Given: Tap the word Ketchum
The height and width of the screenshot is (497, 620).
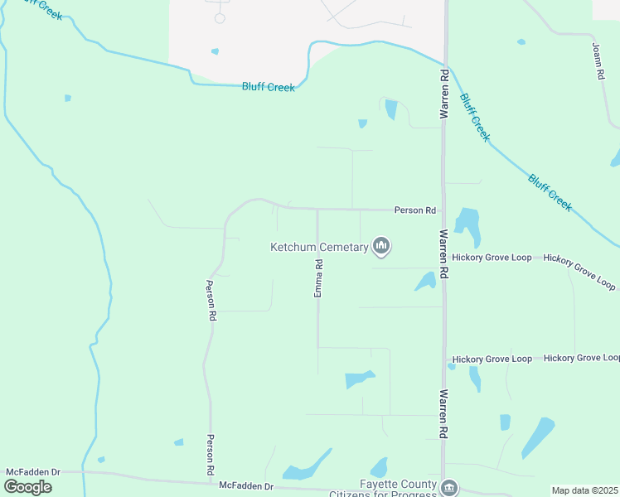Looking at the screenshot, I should pyautogui.click(x=295, y=247).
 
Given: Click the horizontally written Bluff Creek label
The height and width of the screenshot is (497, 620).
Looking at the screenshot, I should pyautogui.click(x=268, y=87).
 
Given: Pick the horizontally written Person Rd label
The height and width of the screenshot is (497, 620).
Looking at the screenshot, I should pyautogui.click(x=414, y=211).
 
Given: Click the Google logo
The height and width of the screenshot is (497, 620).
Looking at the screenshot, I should pyautogui.click(x=27, y=486).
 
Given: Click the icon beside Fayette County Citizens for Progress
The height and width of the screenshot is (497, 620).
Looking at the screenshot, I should pyautogui.click(x=449, y=487).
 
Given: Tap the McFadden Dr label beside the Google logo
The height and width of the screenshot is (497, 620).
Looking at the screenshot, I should pyautogui.click(x=33, y=472).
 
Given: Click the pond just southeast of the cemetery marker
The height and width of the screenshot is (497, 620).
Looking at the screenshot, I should pyautogui.click(x=426, y=282).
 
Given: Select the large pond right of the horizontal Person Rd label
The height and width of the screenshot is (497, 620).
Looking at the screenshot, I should pyautogui.click(x=467, y=224).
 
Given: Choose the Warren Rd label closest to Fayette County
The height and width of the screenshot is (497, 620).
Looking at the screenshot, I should pyautogui.click(x=445, y=413).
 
